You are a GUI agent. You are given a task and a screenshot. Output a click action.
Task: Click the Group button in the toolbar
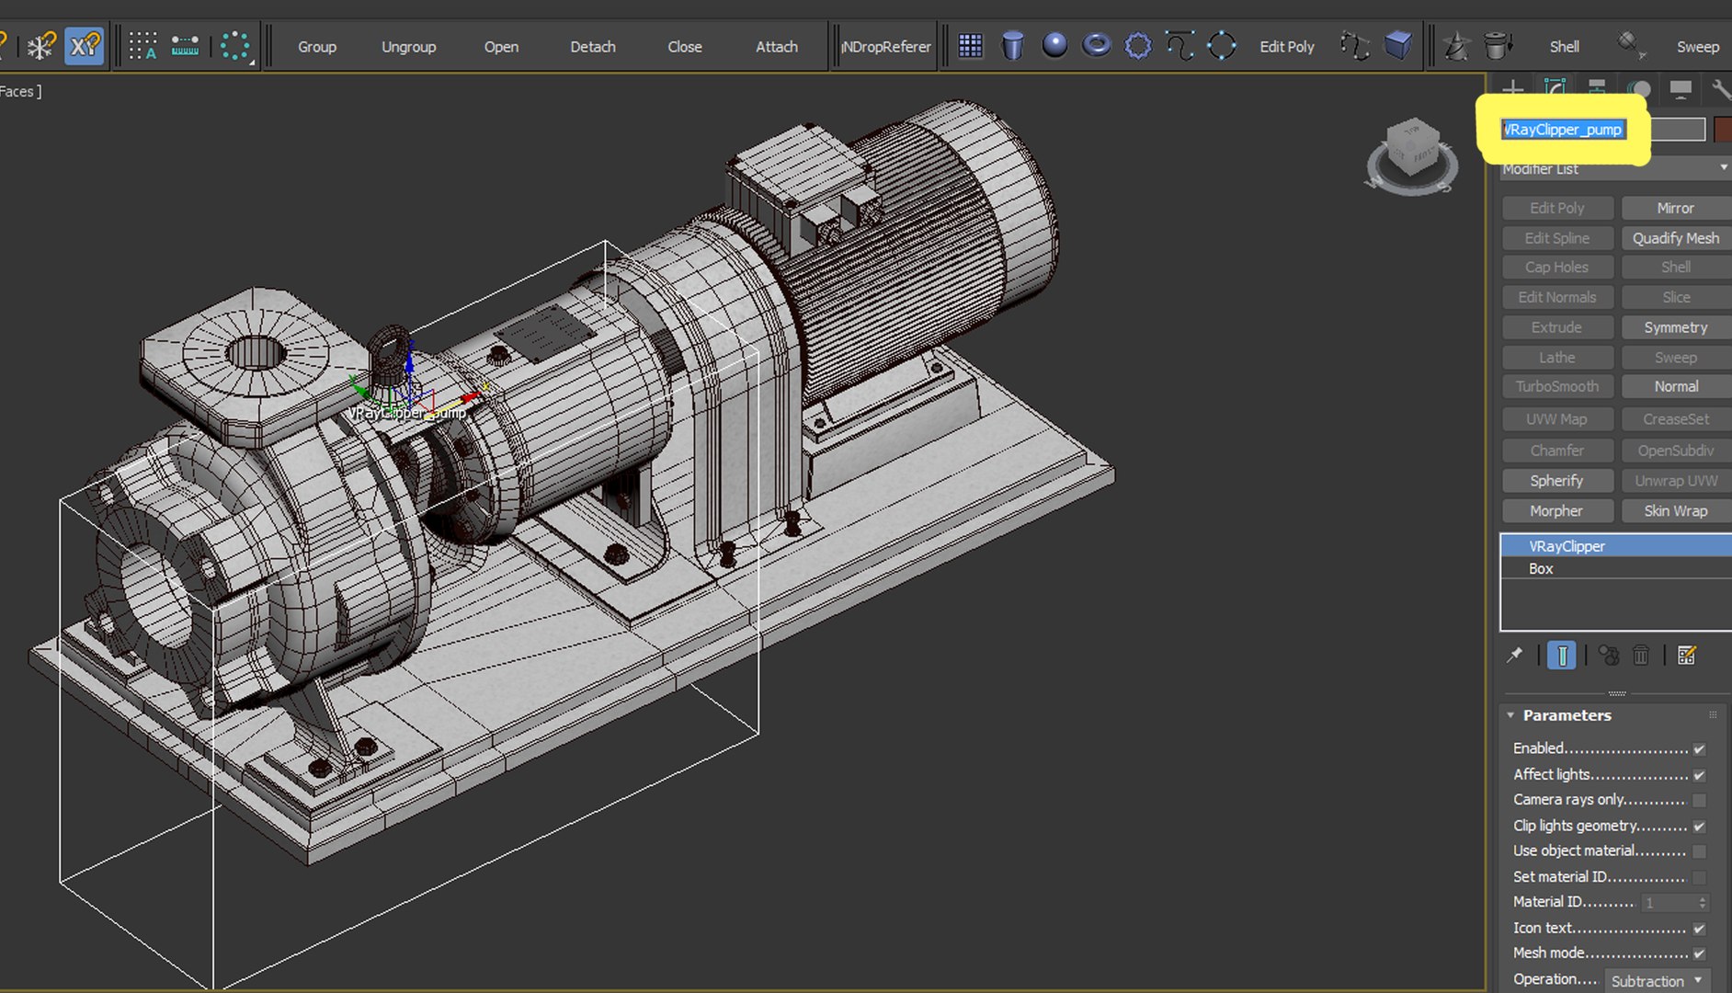tap(317, 46)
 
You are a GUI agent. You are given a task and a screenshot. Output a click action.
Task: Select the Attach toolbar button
tap(776, 46)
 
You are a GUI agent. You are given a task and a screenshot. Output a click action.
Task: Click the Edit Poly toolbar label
tap(1286, 46)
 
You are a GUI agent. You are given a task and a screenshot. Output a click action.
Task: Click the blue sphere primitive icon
tap(1054, 45)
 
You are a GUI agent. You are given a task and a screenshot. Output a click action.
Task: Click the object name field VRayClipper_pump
tap(1563, 130)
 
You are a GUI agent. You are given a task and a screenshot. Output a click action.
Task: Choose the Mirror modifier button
tap(1675, 208)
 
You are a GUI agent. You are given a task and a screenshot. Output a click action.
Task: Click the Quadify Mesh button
tap(1675, 238)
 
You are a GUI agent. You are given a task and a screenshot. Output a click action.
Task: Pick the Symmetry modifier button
tap(1675, 327)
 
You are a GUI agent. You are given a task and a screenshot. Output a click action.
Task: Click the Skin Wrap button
tap(1675, 511)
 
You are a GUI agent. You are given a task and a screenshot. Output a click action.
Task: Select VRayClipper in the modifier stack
tap(1567, 546)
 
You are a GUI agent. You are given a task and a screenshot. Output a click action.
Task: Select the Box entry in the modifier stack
tap(1541, 569)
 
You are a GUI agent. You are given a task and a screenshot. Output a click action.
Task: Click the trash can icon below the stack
tap(1641, 655)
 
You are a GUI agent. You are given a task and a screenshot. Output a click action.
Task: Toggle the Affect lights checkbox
tap(1699, 775)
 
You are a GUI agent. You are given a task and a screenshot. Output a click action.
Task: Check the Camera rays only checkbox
tap(1699, 800)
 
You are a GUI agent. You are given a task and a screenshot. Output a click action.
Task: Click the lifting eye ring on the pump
tap(390, 355)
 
